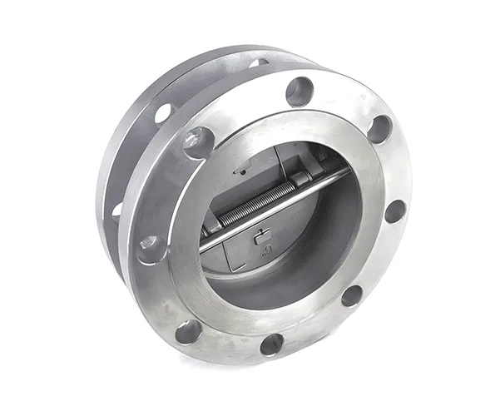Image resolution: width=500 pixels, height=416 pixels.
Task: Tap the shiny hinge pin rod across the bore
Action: coord(275,208)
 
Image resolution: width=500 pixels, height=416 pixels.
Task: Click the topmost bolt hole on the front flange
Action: coord(299,91)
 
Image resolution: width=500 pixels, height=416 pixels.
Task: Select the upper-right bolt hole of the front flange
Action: coord(379,129)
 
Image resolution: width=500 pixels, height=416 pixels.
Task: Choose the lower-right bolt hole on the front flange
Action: coord(352,295)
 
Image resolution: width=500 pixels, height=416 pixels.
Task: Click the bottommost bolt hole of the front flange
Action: coord(271,344)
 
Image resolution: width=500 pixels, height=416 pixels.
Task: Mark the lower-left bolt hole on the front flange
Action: coord(188,331)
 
